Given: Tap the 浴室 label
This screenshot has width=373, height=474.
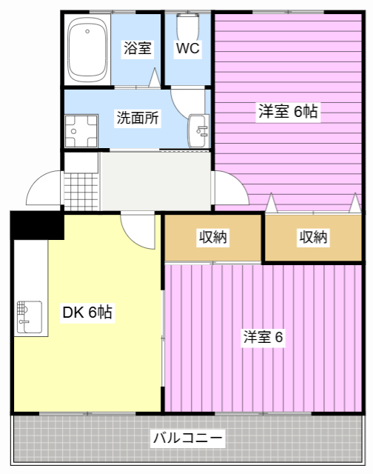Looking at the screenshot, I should [138, 49].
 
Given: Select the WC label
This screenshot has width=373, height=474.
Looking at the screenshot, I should [187, 49].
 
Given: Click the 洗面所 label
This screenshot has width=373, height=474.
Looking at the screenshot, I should [138, 117].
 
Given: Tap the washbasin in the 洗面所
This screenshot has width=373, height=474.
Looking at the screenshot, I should [199, 130].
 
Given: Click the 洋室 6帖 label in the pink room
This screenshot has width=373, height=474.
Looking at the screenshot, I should [288, 112].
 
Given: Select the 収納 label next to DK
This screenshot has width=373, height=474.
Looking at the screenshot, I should [212, 237].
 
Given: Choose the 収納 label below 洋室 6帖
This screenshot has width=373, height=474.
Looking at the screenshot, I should [313, 237].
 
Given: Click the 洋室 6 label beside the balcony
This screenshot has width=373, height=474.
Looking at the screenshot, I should [263, 337].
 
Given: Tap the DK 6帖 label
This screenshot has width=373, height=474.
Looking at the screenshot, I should [87, 313].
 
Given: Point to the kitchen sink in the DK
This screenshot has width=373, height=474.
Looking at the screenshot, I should [28, 316].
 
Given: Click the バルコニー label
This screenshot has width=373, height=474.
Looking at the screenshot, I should [187, 438].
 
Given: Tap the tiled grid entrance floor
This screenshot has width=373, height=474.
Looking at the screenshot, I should [81, 182].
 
